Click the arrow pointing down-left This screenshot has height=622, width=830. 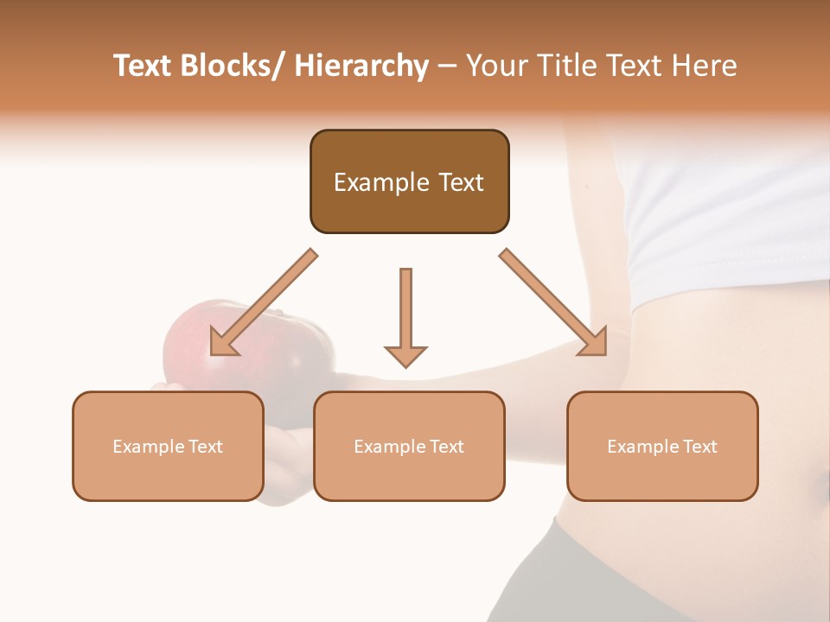coord(264,302)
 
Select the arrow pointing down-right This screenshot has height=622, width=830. coord(553,302)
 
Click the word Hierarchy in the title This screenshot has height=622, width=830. coord(361,66)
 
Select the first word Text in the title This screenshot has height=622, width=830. coord(146,66)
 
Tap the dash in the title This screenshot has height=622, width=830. coord(447,67)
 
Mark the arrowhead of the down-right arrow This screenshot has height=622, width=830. coord(596,343)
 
